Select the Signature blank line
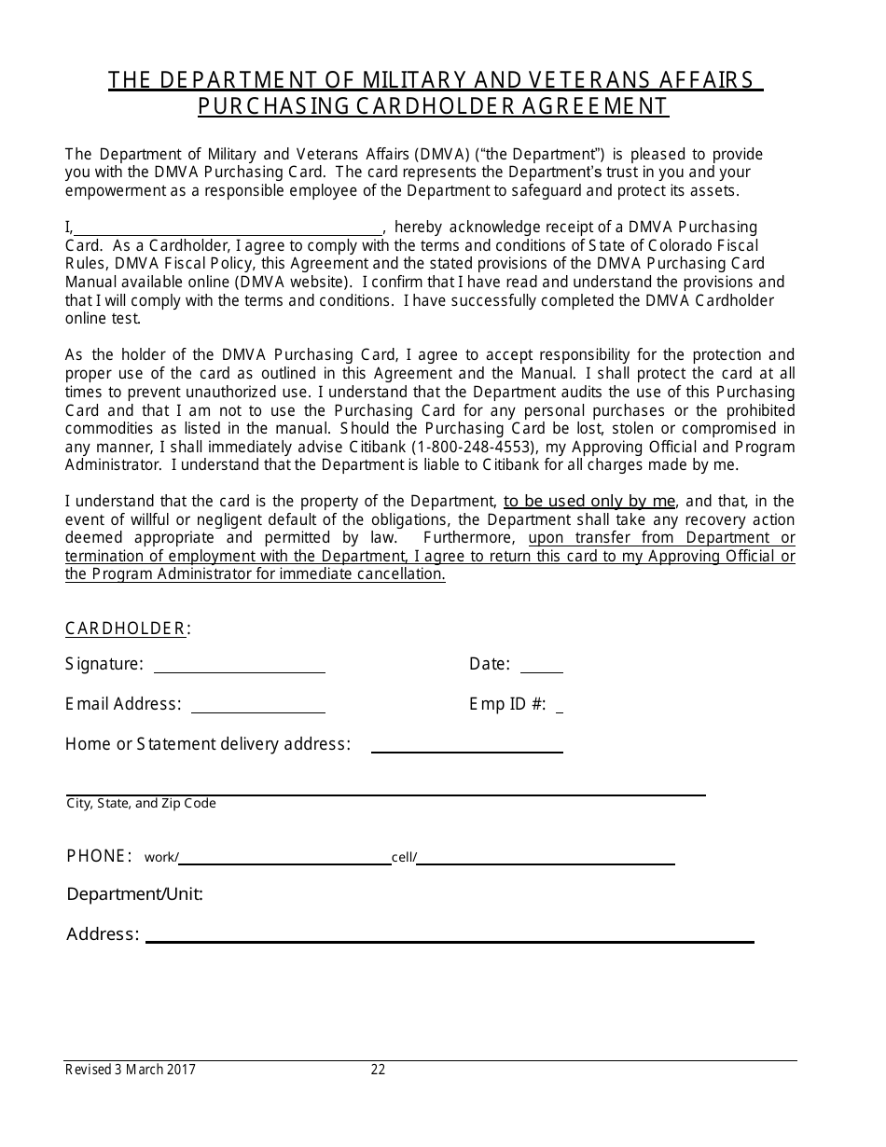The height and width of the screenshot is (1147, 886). (239, 667)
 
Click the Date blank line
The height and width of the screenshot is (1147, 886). (541, 667)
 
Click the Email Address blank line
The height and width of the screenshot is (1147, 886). (257, 707)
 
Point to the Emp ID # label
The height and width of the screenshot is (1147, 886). (507, 704)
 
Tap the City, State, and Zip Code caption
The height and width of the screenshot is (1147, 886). (141, 803)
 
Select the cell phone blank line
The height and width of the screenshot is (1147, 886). (546, 859)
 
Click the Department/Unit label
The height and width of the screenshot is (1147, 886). (134, 894)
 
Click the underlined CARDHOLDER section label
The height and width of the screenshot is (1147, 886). (126, 629)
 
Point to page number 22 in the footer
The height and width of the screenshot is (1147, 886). (378, 1071)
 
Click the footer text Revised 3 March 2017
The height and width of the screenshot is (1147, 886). (131, 1071)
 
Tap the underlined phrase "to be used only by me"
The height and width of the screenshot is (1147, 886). (589, 502)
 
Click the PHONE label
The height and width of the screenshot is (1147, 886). (98, 856)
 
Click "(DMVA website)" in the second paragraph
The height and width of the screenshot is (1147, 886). (294, 283)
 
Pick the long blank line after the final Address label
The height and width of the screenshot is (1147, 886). (449, 937)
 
